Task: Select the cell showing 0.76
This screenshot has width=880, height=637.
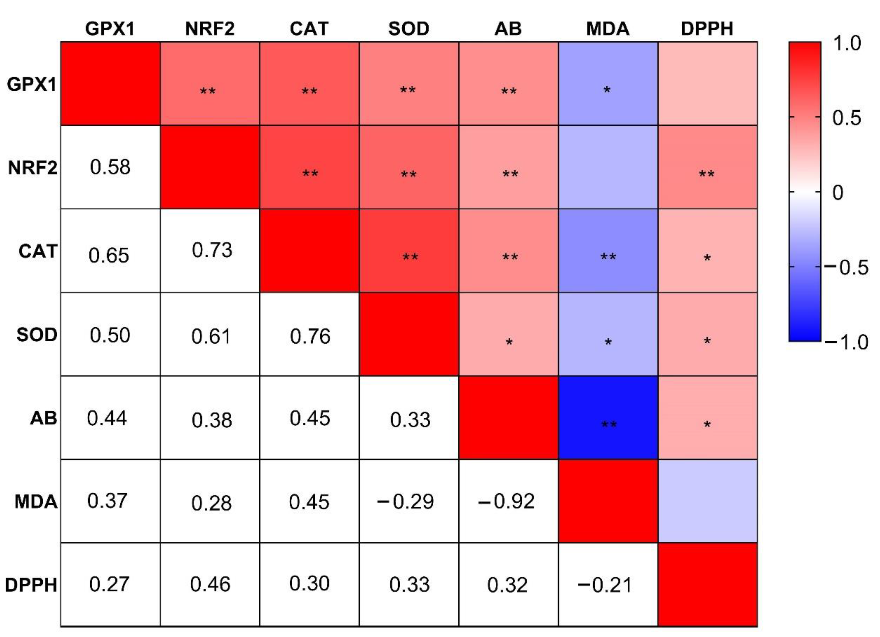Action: (x=310, y=336)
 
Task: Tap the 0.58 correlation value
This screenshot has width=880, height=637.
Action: (x=110, y=167)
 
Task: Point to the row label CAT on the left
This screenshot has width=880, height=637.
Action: (x=38, y=251)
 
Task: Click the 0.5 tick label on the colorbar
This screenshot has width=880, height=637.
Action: (x=846, y=117)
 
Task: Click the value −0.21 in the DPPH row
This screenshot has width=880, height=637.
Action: (x=605, y=585)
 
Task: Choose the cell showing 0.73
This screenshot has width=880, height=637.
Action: (x=212, y=250)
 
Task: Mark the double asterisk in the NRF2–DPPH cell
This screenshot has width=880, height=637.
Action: (x=707, y=174)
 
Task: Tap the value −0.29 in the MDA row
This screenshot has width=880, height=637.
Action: (x=405, y=501)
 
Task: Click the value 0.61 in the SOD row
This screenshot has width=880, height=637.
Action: (x=211, y=336)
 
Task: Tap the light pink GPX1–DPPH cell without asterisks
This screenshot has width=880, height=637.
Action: (x=707, y=83)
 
